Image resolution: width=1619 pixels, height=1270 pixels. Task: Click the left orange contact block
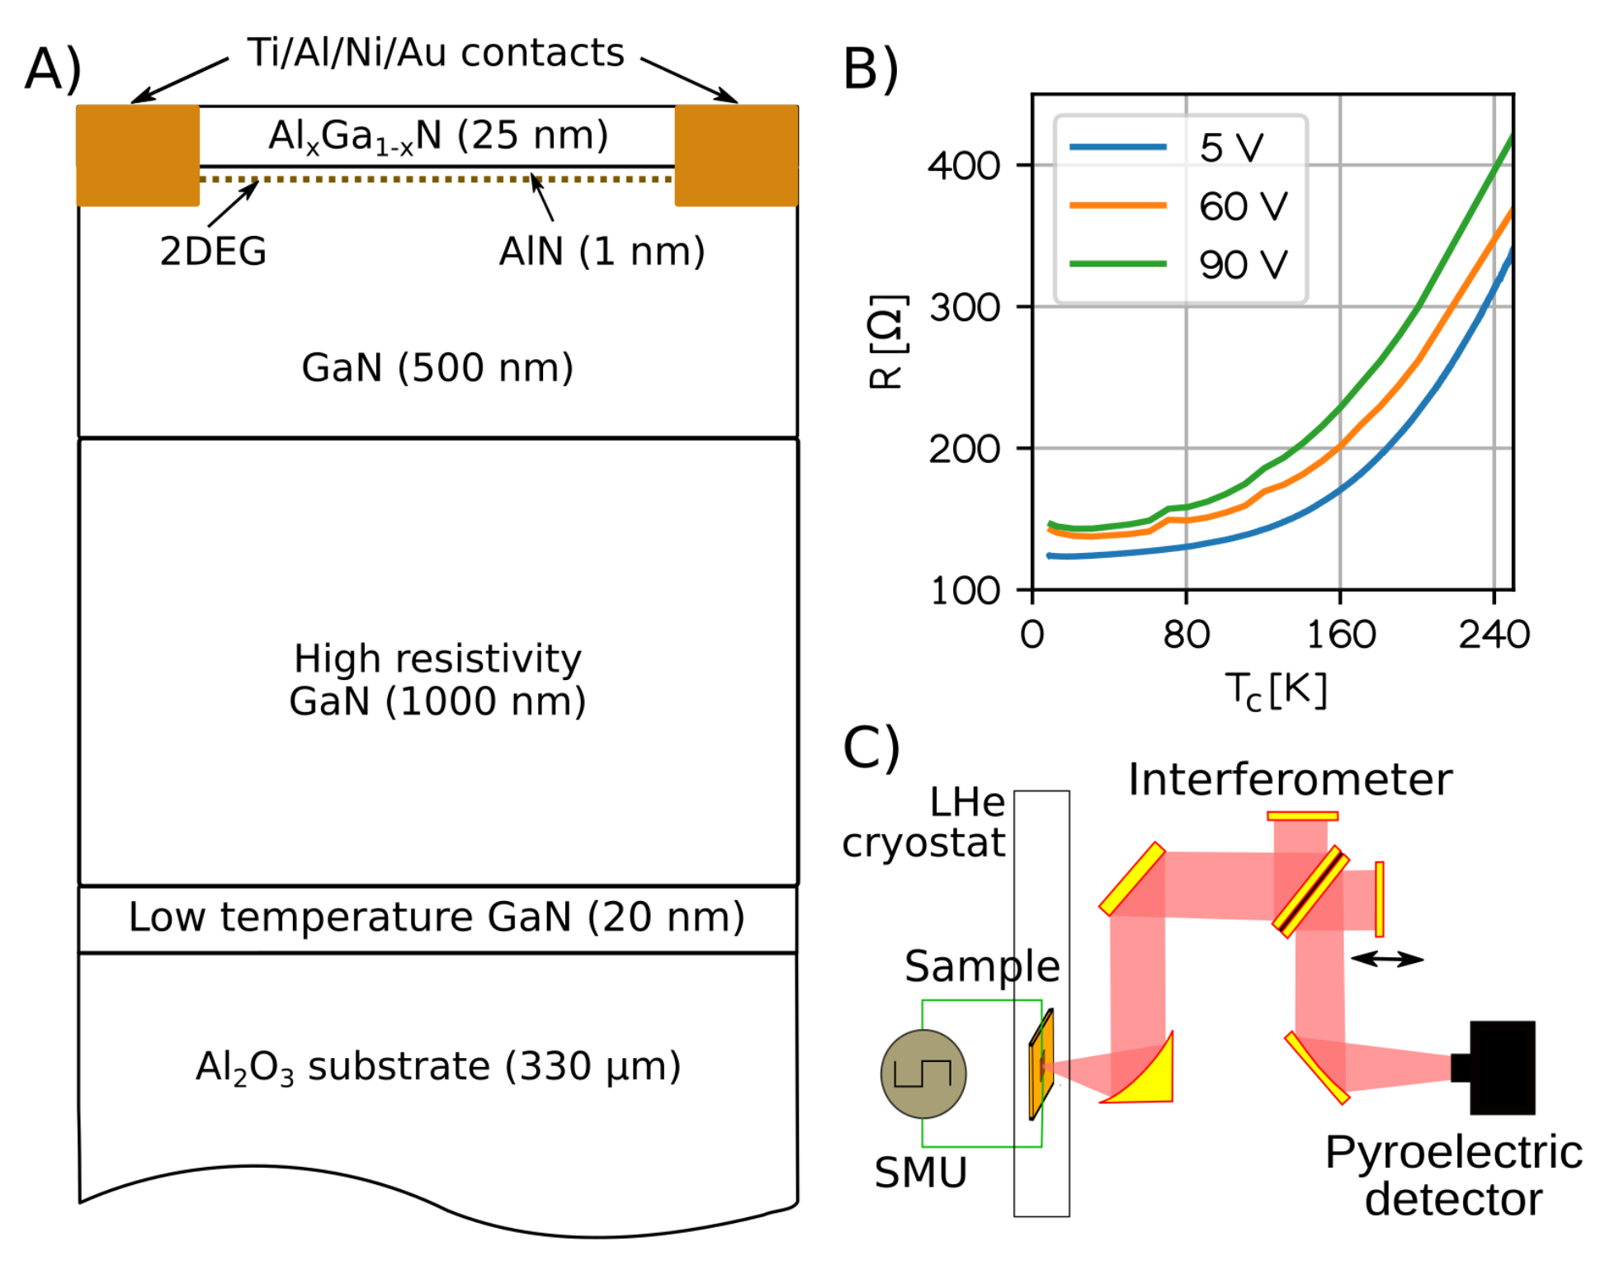pos(138,155)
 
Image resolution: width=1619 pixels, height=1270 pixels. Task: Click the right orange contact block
pos(736,155)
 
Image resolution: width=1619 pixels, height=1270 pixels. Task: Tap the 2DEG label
pos(213,251)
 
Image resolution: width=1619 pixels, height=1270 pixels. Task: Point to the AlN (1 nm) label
pos(602,251)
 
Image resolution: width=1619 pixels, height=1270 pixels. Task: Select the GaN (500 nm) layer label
pos(437,367)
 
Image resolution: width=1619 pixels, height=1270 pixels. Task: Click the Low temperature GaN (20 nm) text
pos(437,917)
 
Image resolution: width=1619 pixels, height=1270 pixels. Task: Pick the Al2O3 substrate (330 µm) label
pos(437,1066)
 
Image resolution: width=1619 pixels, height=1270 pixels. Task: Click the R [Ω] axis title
pos(888,341)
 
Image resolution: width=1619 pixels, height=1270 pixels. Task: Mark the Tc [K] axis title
pos(1275,690)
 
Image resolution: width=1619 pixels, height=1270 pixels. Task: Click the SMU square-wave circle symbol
pos(923,1074)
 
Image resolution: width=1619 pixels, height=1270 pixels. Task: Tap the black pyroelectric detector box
pos(1502,1067)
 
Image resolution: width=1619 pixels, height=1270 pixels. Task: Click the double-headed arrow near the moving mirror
pos(1387,959)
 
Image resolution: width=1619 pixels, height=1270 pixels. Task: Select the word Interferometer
pos(1290,779)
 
